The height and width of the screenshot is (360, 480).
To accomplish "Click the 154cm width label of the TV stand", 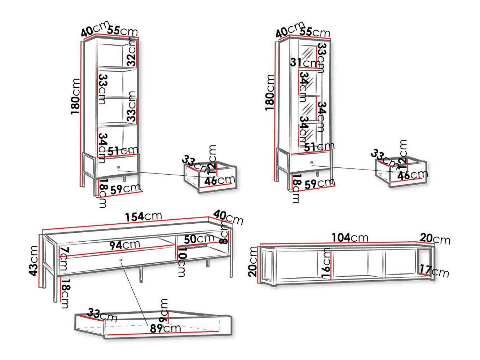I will coord(144,216).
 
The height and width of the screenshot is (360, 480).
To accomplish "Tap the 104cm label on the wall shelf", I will coord(350,237).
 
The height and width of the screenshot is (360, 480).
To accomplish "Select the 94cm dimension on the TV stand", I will coord(125,245).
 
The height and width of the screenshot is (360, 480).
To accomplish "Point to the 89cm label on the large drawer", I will coord(165,328).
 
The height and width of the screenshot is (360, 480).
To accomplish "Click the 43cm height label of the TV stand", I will coord(34,261).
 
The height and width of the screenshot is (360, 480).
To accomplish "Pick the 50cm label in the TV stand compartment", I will coord(199,239).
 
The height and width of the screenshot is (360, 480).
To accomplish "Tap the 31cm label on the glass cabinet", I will coord(304,63).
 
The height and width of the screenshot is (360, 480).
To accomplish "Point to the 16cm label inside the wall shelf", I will coord(326,263).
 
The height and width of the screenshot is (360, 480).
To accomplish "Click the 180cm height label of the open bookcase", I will coord(75,97).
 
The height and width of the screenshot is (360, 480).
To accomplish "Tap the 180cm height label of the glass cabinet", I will coord(270,93).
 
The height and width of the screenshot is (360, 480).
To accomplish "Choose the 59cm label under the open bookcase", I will coord(125,189).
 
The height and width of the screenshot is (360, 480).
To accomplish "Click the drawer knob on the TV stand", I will coord(121,260).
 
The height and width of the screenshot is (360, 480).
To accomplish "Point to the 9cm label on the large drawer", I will coord(163,311).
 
